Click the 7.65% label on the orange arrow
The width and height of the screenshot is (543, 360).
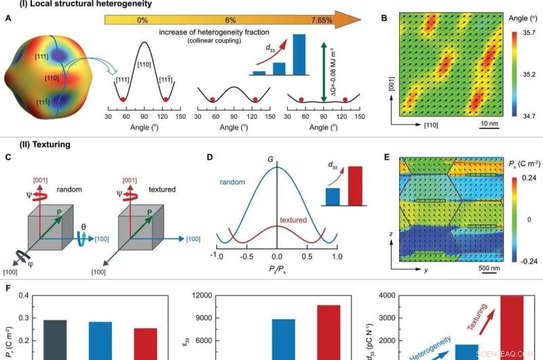317,20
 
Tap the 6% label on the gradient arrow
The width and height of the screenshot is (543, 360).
230,20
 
